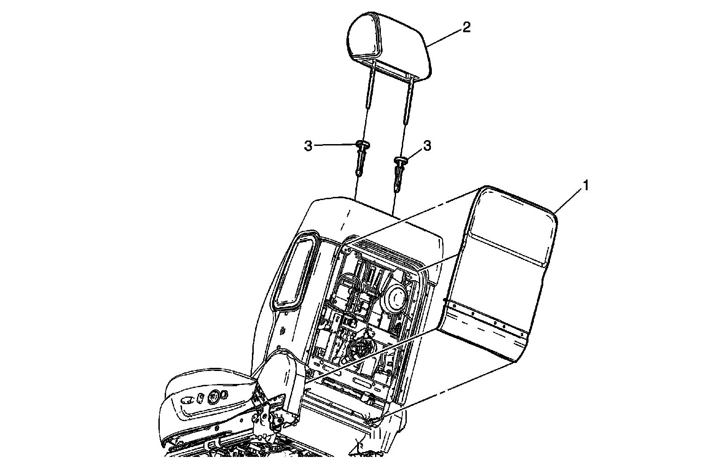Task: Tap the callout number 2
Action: pyautogui.click(x=466, y=28)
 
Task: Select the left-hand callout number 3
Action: pyautogui.click(x=308, y=146)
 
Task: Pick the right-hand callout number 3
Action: pyautogui.click(x=427, y=146)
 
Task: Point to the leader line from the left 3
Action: pyautogui.click(x=336, y=145)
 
